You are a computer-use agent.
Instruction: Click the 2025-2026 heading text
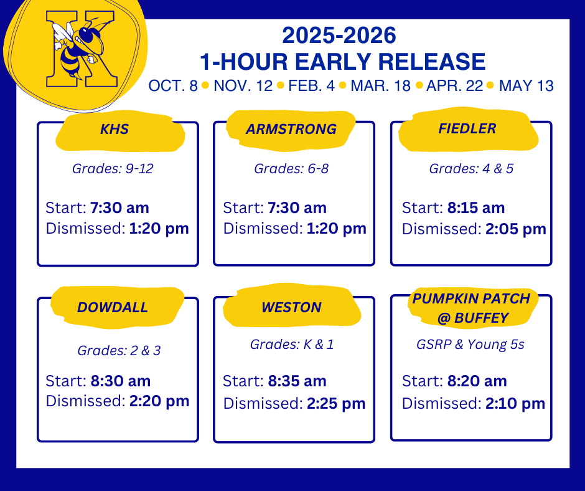click(x=339, y=36)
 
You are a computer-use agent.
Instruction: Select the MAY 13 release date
click(x=526, y=86)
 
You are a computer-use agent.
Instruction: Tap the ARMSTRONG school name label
click(x=291, y=130)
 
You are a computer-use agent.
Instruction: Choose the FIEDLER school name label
click(x=467, y=129)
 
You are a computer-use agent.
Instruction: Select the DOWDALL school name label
click(x=113, y=307)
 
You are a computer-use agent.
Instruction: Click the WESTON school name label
click(x=291, y=307)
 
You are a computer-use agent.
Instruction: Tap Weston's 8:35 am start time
click(x=297, y=381)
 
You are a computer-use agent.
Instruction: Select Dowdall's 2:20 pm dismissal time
click(x=159, y=401)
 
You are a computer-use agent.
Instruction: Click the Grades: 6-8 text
click(x=291, y=168)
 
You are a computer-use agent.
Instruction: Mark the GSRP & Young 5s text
click(x=470, y=345)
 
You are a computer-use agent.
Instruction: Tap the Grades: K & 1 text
click(x=292, y=345)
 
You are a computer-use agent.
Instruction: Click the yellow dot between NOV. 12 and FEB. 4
click(x=280, y=86)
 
